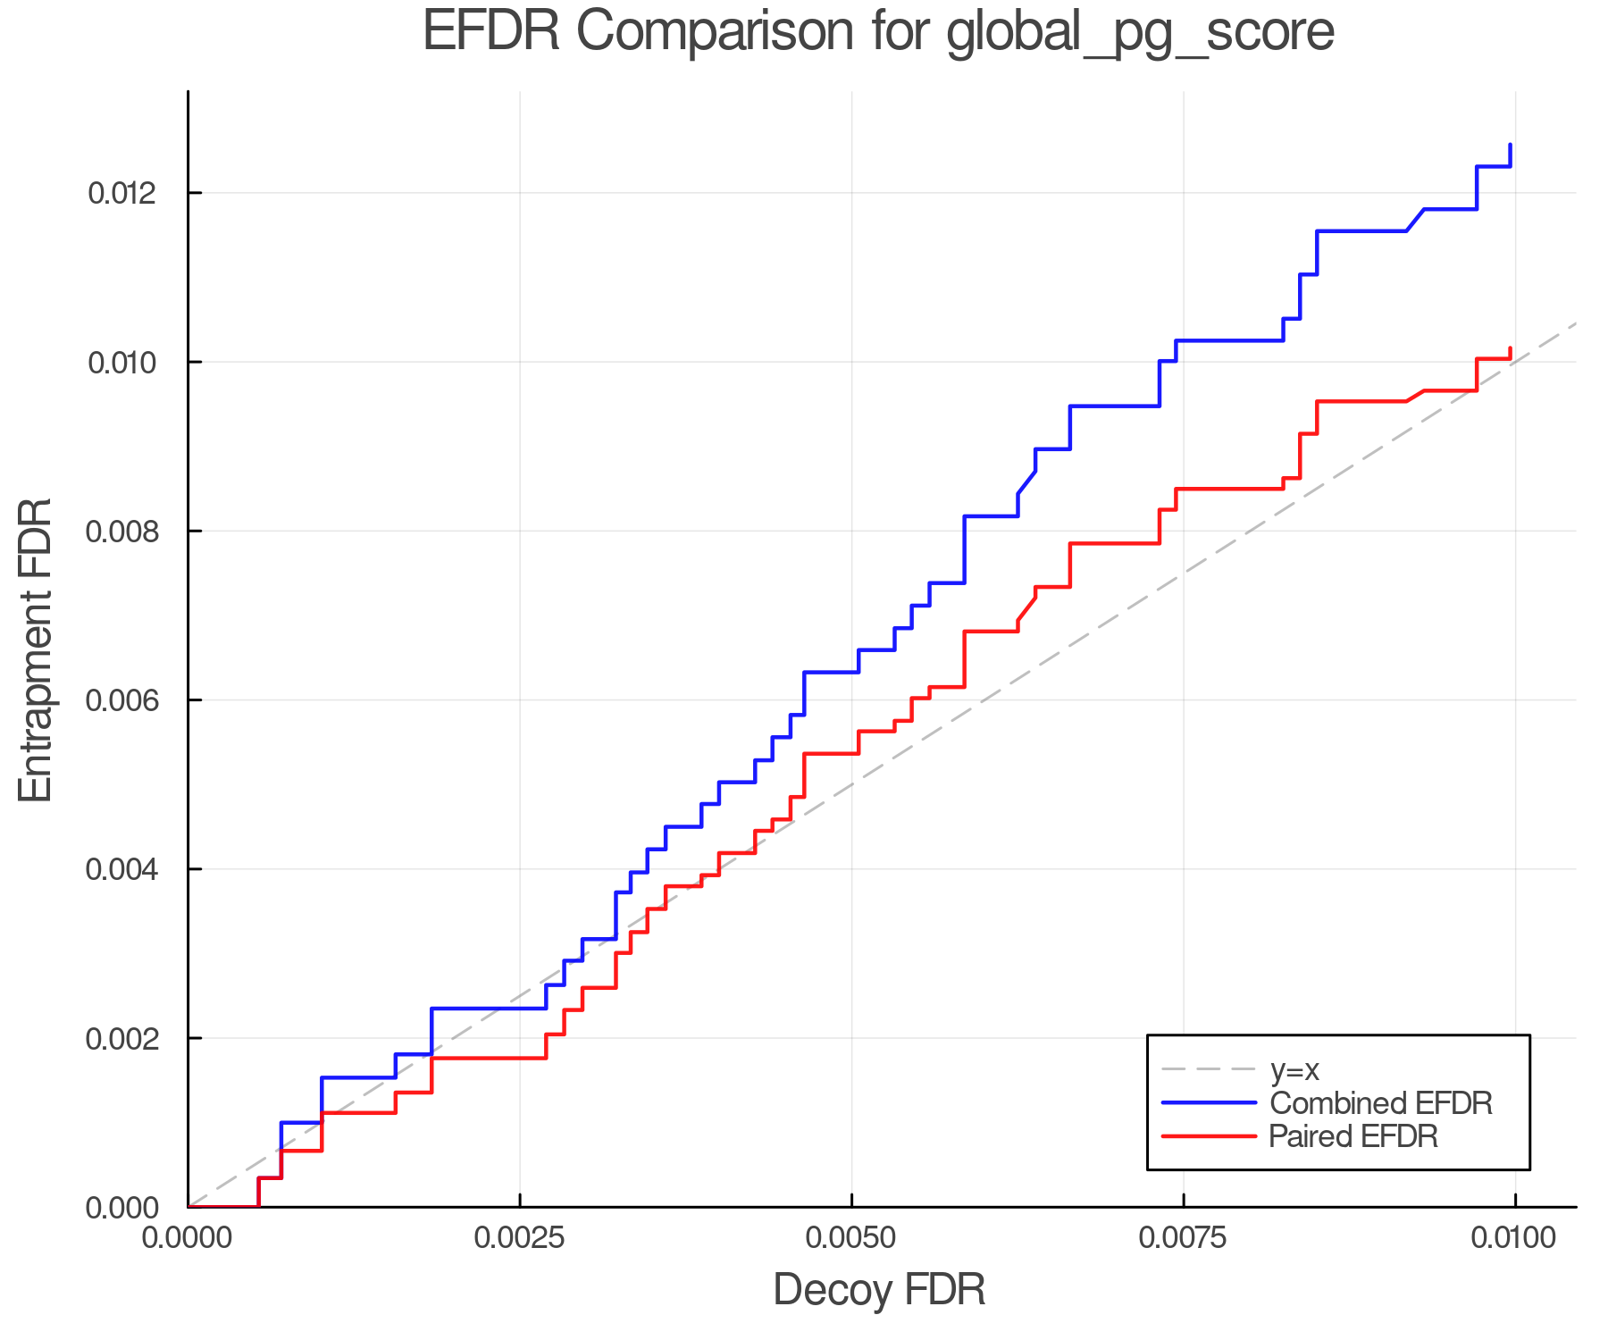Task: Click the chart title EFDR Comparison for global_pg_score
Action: click(878, 32)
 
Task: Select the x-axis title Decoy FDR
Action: click(879, 1290)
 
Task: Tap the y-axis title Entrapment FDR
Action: click(36, 649)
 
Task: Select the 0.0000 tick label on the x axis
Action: click(188, 1238)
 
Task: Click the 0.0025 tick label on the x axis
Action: click(520, 1238)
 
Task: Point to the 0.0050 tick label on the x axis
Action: click(852, 1238)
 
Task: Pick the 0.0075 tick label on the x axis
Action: click(1184, 1238)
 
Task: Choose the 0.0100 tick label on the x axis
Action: click(1515, 1238)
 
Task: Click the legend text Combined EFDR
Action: click(1380, 1103)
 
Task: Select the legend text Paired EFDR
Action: click(1353, 1136)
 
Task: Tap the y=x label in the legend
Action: click(1294, 1069)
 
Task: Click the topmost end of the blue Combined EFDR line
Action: click(1511, 145)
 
